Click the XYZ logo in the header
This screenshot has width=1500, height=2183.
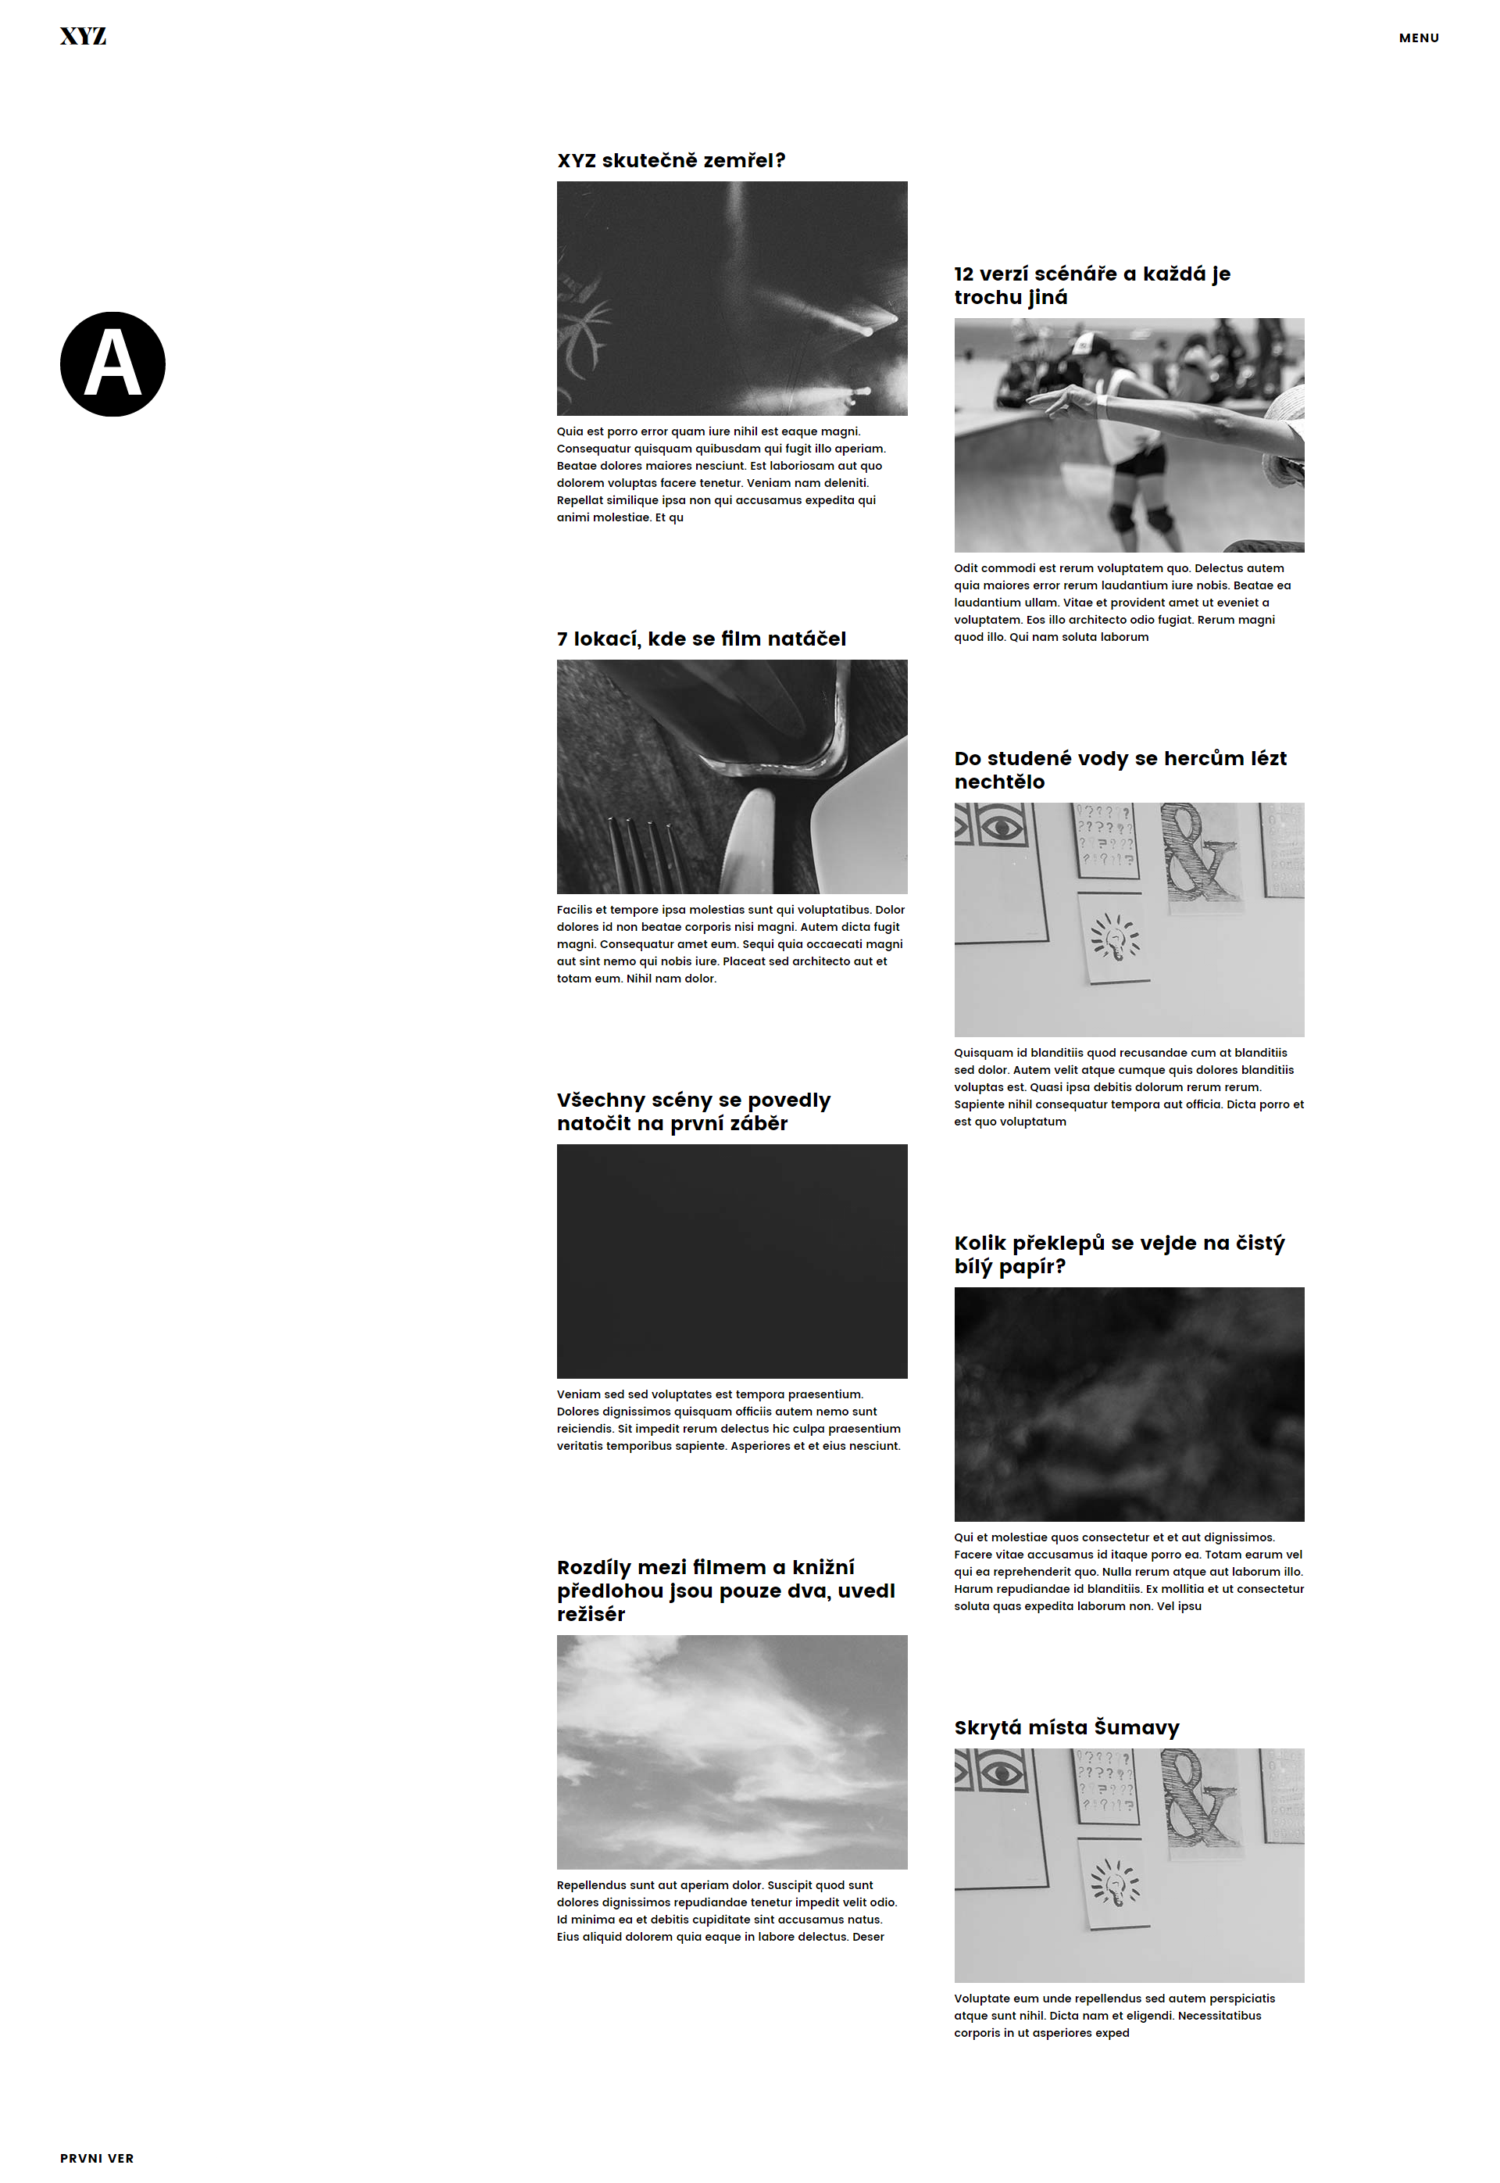83,37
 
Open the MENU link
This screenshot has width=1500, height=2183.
1418,38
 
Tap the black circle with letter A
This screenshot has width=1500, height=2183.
112,364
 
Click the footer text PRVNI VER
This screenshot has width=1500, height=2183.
97,2158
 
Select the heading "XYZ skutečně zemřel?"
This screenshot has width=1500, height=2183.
670,161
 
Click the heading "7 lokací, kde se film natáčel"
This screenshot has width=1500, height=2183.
700,639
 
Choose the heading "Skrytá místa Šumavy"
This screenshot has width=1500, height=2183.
1066,1727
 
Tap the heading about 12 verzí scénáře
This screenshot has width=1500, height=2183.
1091,285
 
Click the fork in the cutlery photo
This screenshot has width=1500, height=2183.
647,856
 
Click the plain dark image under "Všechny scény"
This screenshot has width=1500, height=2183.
731,1261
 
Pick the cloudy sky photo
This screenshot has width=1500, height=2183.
731,1752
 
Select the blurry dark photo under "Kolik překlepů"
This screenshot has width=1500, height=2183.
1129,1404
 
